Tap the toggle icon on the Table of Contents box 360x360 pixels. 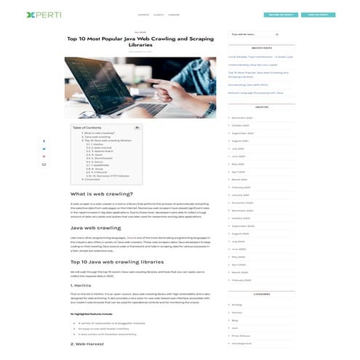coord(137,127)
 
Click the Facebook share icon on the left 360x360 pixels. coord(44,141)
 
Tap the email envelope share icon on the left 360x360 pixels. coord(44,164)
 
